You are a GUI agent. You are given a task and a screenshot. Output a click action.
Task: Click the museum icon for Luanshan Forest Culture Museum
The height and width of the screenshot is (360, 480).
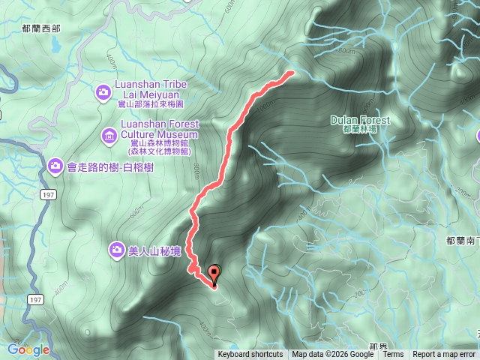pyautogui.click(x=109, y=136)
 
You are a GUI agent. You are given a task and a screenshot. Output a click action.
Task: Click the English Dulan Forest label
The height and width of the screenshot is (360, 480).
pyautogui.click(x=360, y=120)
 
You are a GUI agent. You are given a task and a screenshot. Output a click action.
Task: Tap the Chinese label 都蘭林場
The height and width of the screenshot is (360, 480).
pyautogui.click(x=360, y=130)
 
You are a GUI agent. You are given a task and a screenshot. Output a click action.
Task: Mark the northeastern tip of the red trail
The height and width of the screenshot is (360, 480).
pyautogui.click(x=291, y=73)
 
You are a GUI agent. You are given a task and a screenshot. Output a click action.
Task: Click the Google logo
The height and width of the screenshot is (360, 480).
pyautogui.click(x=28, y=349)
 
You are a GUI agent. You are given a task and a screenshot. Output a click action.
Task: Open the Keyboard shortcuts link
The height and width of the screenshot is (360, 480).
pyautogui.click(x=250, y=355)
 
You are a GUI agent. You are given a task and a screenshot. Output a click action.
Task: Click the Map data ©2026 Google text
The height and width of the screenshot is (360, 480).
pyautogui.click(x=333, y=355)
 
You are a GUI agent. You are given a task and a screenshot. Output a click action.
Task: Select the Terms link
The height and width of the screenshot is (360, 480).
pyautogui.click(x=393, y=355)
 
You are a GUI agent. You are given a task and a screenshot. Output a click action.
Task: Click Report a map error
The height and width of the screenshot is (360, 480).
pyautogui.click(x=444, y=355)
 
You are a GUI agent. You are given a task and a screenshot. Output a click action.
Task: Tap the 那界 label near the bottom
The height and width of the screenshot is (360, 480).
pyautogui.click(x=378, y=346)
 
